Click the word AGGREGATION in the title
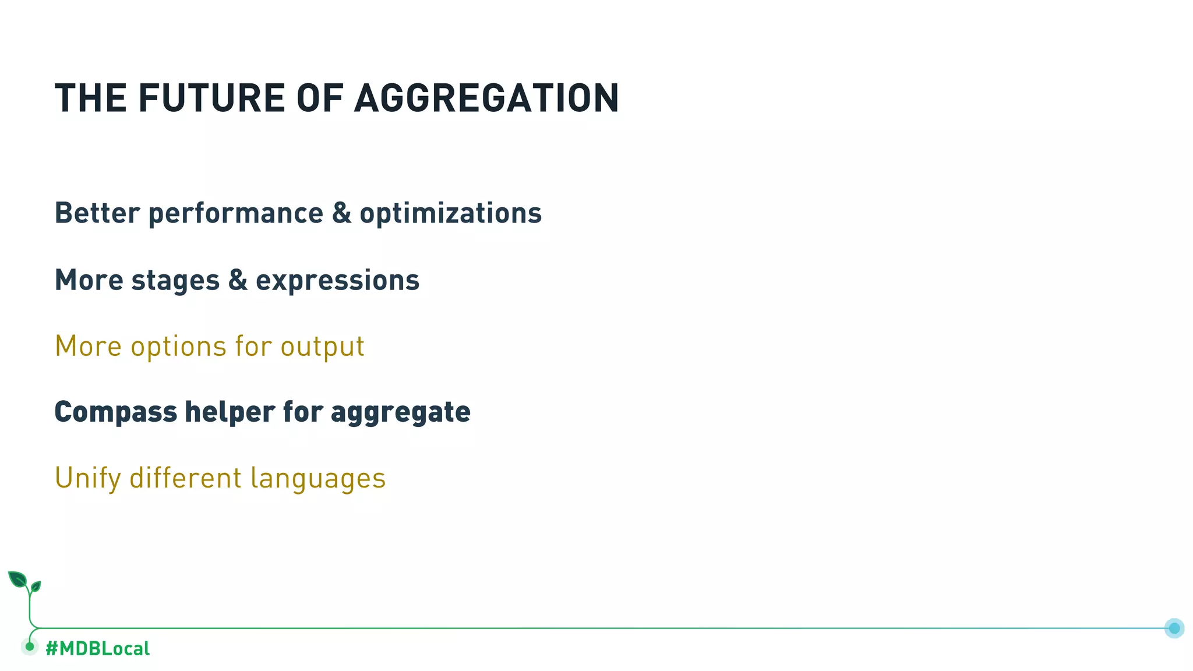[x=486, y=98]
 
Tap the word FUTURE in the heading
[x=211, y=98]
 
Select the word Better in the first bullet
[x=97, y=213]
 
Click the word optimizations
[x=450, y=213]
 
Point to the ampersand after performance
[x=341, y=213]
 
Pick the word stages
[x=175, y=280]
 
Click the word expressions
[x=337, y=281]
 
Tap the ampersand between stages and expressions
[x=238, y=280]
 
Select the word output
[x=322, y=347]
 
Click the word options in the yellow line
[x=178, y=347]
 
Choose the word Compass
[x=115, y=412]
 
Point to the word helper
[x=230, y=412]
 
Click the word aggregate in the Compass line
[x=400, y=413]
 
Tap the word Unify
[x=87, y=479]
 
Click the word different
[x=185, y=478]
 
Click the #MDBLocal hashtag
[x=97, y=648]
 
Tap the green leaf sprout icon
[x=24, y=582]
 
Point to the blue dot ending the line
[x=1174, y=628]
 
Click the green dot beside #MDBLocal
[x=30, y=647]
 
